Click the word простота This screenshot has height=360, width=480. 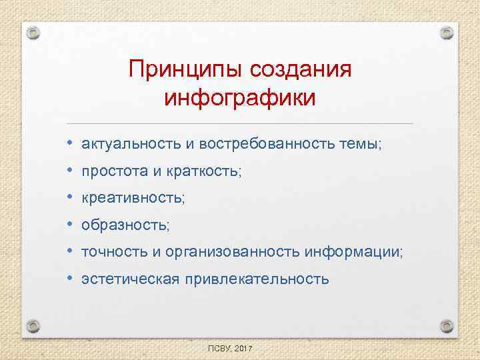click(x=110, y=172)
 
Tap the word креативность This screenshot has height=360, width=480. click(x=133, y=199)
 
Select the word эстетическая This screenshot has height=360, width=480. click(x=130, y=279)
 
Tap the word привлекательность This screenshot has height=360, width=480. click(x=257, y=279)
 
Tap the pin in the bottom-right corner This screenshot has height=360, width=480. click(x=447, y=325)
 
